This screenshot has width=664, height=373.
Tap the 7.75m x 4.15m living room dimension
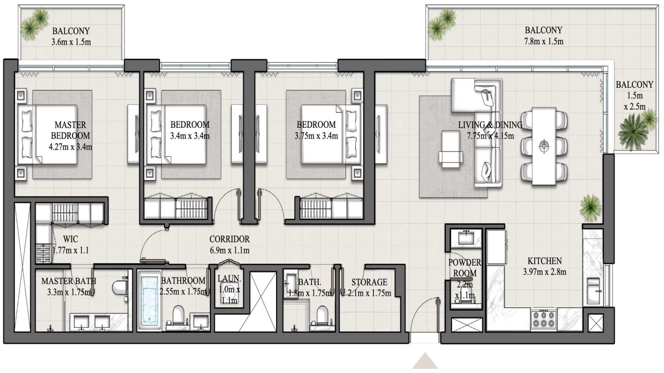[x=490, y=136]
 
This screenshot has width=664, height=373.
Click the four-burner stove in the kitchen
[x=542, y=320]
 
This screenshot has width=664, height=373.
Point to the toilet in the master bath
[x=119, y=288]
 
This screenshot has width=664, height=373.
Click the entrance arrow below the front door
[x=426, y=362]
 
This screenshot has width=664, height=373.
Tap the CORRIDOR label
[x=229, y=239]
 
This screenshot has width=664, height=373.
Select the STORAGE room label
[x=369, y=282]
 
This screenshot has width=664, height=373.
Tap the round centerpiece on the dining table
[x=544, y=145]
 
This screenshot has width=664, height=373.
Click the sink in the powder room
[x=466, y=237]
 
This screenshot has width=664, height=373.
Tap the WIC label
[x=71, y=239]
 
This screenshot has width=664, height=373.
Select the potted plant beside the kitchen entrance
[x=591, y=206]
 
